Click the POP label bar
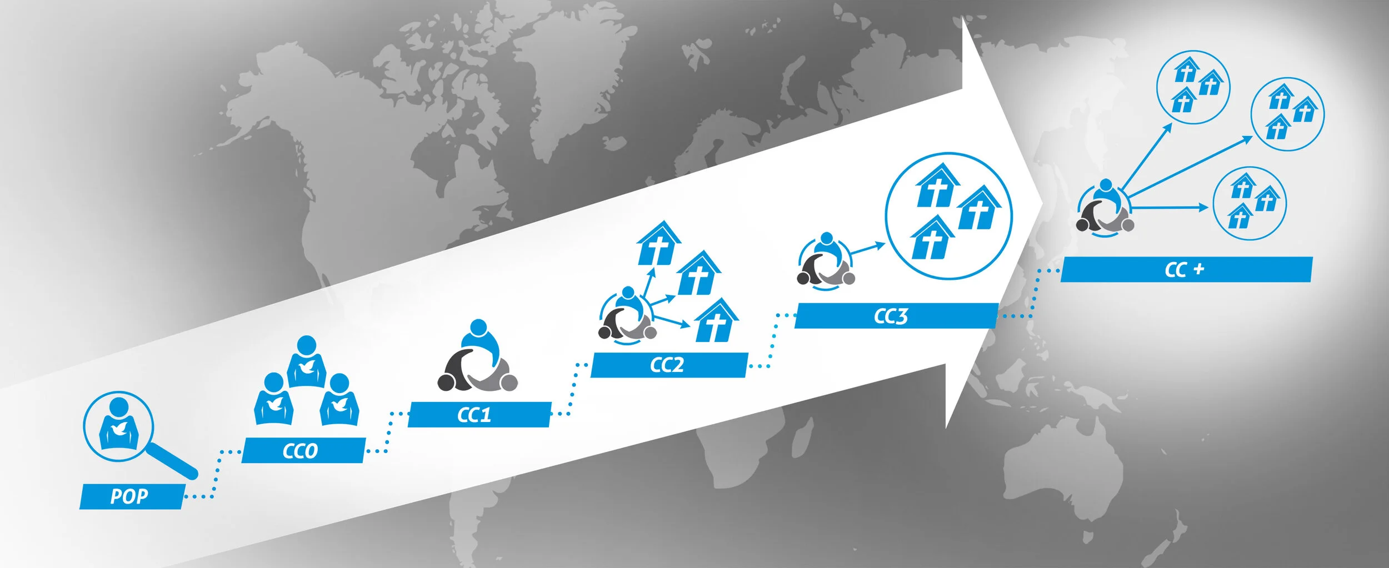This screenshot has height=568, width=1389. pos(131,496)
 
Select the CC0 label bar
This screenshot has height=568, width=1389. pos(303,450)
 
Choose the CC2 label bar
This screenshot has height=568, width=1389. pos(668,365)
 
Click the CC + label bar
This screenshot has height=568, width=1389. pos(1186,269)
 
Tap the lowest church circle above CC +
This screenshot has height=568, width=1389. pos(1249,203)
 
